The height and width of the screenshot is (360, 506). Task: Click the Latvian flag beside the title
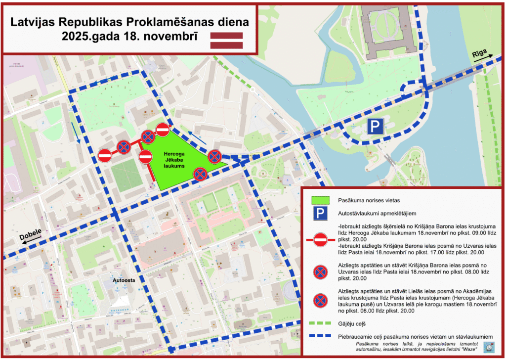pos(227,40)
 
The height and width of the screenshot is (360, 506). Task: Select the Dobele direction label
pos(30,236)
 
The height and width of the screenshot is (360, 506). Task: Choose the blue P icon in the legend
pos(321,214)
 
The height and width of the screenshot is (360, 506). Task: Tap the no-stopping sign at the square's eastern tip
pos(214,157)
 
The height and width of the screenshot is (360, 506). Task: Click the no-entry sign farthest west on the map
pos(105,155)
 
